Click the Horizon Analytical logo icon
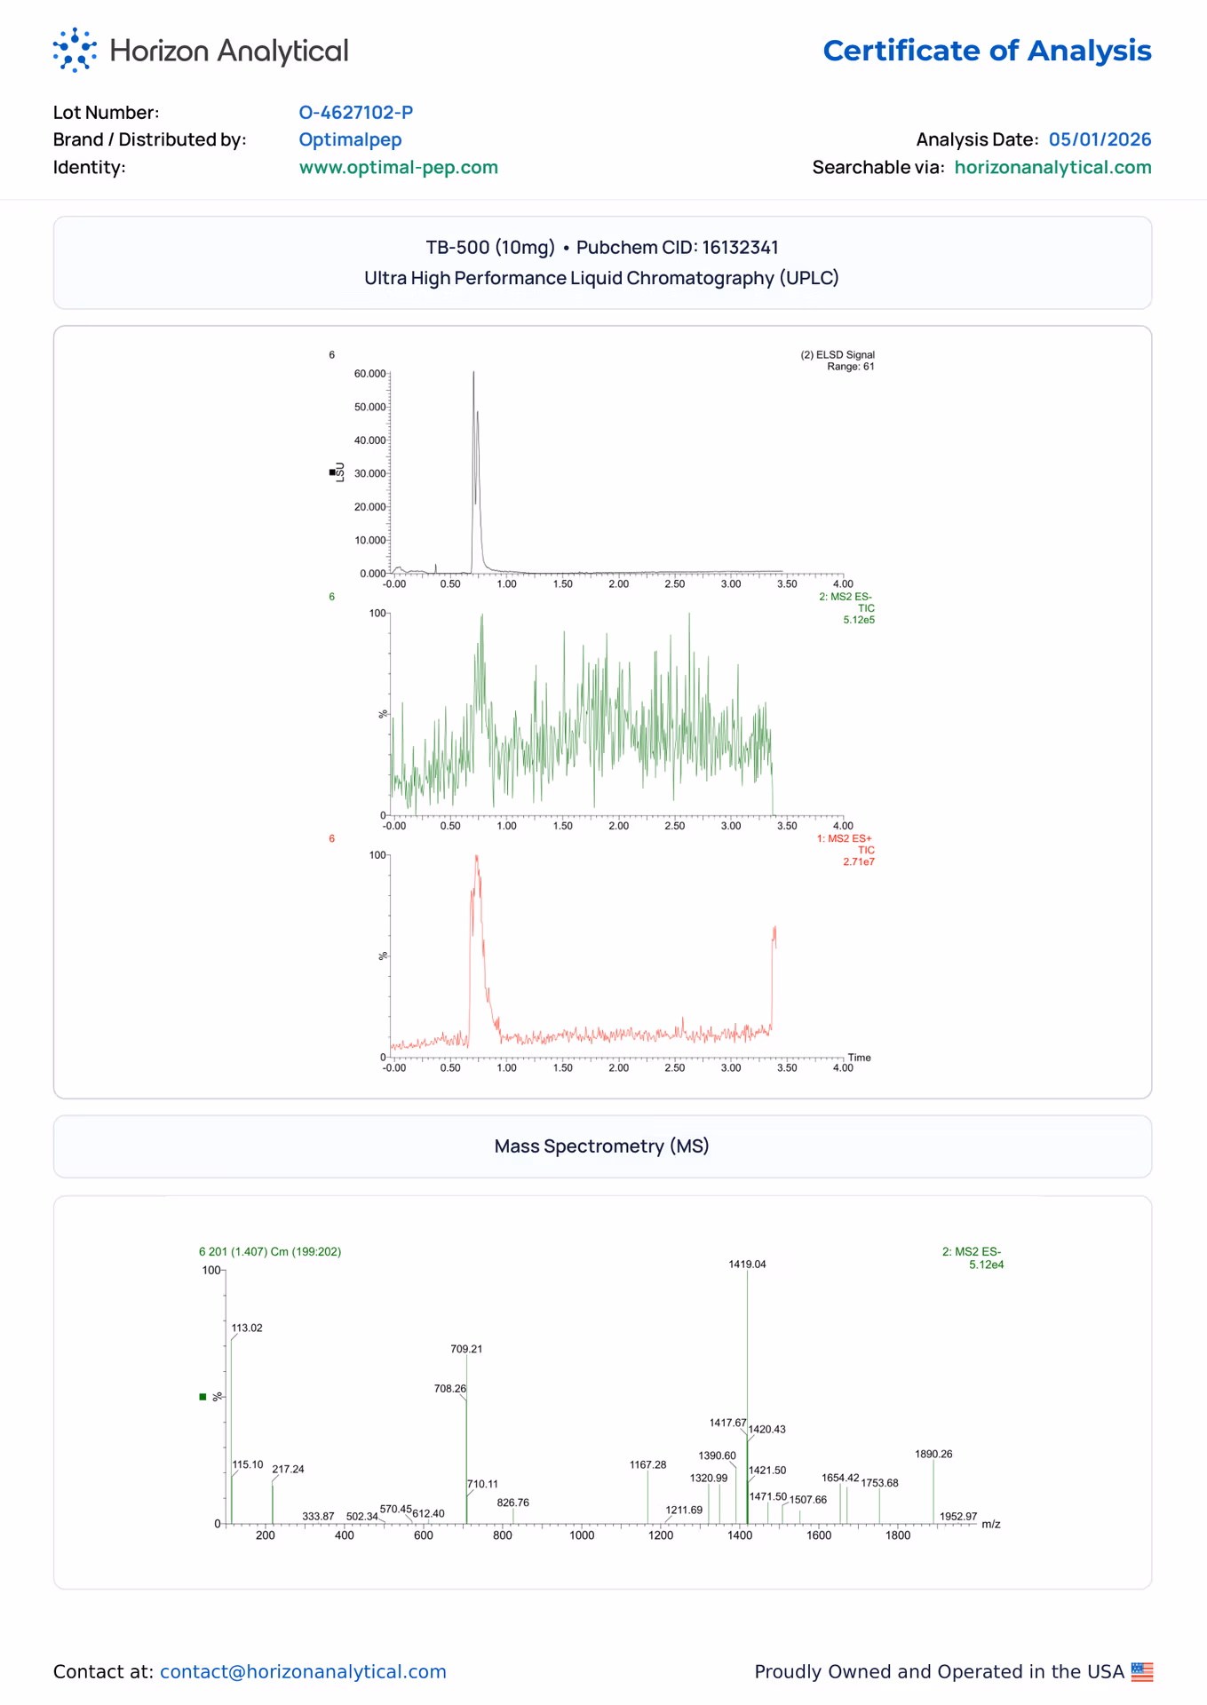pyautogui.click(x=75, y=50)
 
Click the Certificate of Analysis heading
pyautogui.click(x=987, y=51)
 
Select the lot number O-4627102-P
pyautogui.click(x=356, y=112)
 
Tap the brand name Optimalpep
pyautogui.click(x=350, y=139)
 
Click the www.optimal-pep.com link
pyautogui.click(x=399, y=167)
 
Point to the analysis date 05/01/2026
pyautogui.click(x=1100, y=139)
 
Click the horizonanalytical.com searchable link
pyautogui.click(x=1052, y=167)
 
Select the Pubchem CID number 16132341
pyautogui.click(x=740, y=247)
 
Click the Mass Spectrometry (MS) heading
pyautogui.click(x=602, y=1146)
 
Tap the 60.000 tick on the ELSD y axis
pyautogui.click(x=369, y=374)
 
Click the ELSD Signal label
pyautogui.click(x=838, y=355)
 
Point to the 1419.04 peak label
pyautogui.click(x=747, y=1264)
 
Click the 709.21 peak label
pyautogui.click(x=466, y=1349)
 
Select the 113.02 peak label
pyautogui.click(x=247, y=1328)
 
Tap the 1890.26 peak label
pyautogui.click(x=933, y=1454)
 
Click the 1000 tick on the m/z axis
pyautogui.click(x=582, y=1535)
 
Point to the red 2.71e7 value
pyautogui.click(x=859, y=861)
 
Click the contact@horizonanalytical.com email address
pyautogui.click(x=303, y=1671)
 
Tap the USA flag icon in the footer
pyautogui.click(x=1142, y=1672)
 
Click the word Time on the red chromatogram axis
pyautogui.click(x=860, y=1058)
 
